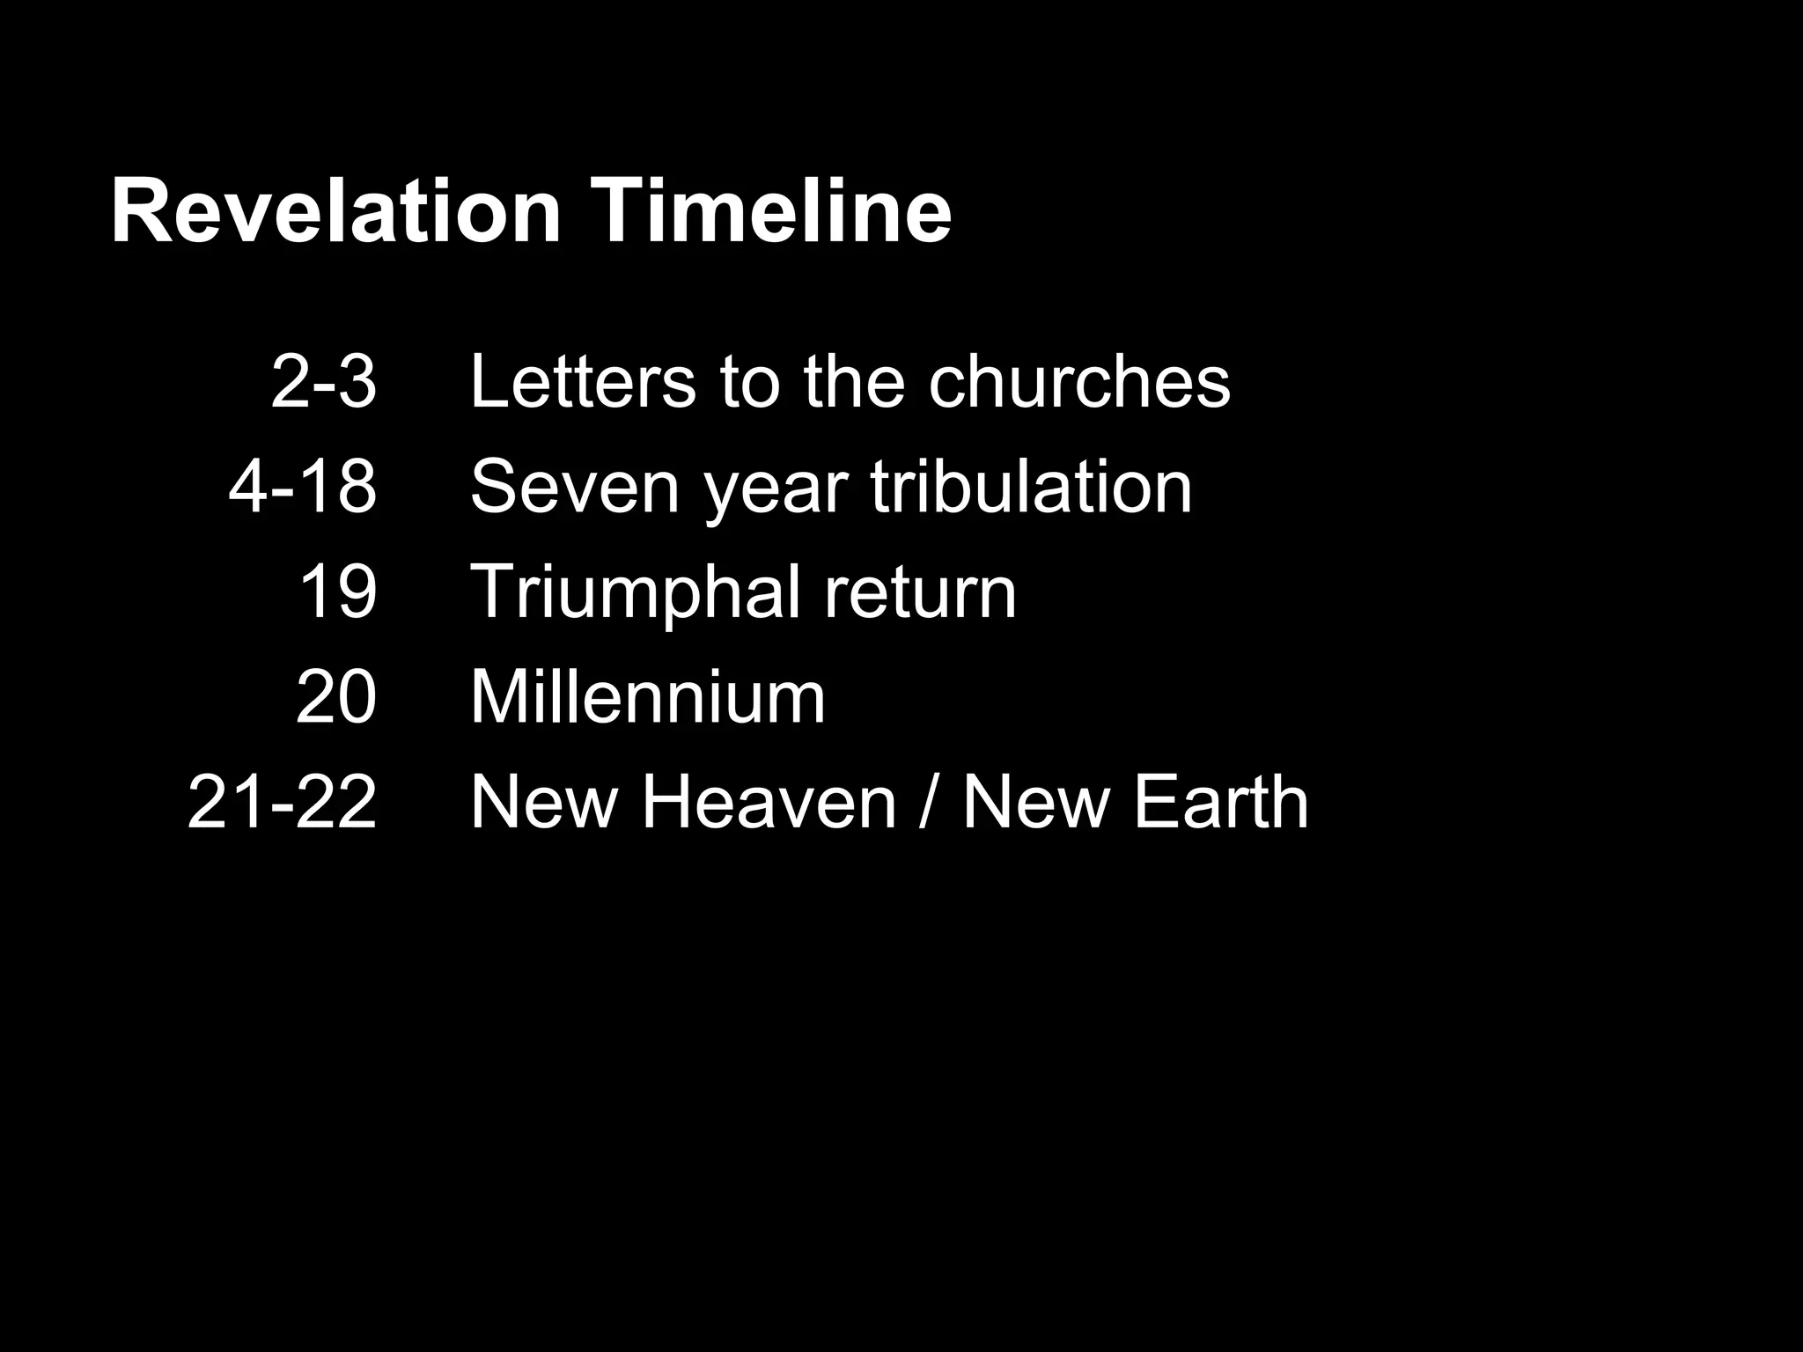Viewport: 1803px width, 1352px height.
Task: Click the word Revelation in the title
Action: point(335,212)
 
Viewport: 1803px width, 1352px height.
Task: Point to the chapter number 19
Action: point(338,591)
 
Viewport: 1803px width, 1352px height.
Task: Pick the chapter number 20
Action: point(336,696)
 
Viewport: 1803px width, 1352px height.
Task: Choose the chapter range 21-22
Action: point(282,802)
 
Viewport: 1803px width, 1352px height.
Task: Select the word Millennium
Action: point(648,696)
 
